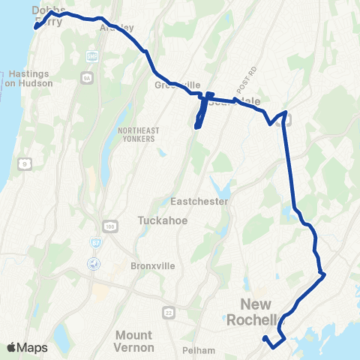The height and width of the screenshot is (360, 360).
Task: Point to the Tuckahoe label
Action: tap(161, 221)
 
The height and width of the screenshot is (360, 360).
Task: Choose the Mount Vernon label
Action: tap(135, 341)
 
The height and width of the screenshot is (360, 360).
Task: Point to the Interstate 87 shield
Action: tap(96, 242)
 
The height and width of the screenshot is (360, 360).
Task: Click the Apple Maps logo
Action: tap(27, 347)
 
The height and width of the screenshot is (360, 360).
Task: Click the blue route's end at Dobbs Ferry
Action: tap(35, 28)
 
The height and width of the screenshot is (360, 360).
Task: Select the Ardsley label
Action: tap(118, 27)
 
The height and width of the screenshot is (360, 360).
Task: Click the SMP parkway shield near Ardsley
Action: tap(92, 57)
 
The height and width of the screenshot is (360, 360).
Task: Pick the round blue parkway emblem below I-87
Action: tap(93, 263)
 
